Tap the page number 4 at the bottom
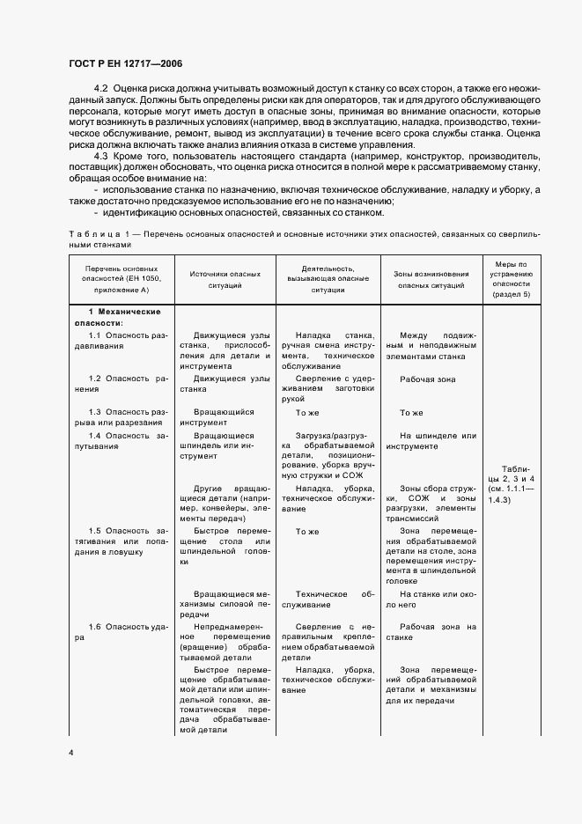70,754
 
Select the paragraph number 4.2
99,91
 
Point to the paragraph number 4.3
99,156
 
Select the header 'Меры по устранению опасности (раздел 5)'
511,279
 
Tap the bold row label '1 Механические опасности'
122,318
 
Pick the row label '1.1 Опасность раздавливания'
122,341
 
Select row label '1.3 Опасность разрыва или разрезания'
122,417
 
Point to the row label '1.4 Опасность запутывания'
122,441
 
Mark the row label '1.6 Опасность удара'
122,632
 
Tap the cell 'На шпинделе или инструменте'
431,441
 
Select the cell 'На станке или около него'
431,600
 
